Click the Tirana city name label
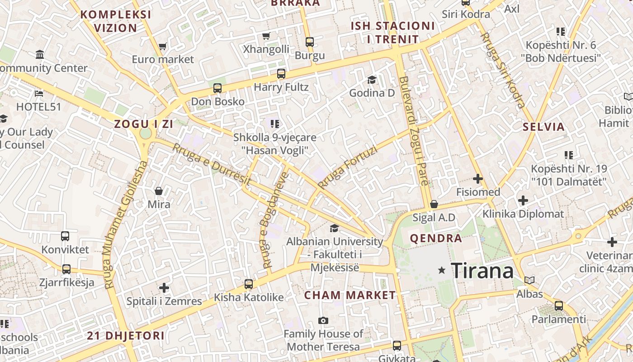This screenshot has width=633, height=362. [482, 271]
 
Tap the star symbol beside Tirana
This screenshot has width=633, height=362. [442, 271]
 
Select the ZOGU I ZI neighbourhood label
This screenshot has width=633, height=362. [143, 124]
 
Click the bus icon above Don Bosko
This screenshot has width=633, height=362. [217, 88]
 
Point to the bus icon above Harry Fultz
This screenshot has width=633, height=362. [281, 73]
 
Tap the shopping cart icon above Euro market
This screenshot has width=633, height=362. [163, 46]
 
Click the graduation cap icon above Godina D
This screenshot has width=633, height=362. [372, 80]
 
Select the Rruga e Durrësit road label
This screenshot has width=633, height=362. [211, 164]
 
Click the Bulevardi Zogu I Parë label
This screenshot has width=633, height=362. [413, 131]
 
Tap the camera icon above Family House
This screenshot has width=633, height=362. [323, 320]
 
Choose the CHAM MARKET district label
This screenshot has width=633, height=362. [350, 295]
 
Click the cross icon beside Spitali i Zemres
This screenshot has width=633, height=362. [164, 287]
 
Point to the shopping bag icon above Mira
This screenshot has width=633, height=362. [159, 191]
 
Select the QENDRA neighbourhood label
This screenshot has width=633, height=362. [436, 238]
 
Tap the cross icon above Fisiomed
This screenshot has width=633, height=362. [477, 179]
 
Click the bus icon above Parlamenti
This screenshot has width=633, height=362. [559, 305]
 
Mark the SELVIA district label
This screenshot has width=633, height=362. [543, 127]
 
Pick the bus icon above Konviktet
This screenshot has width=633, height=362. [65, 236]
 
